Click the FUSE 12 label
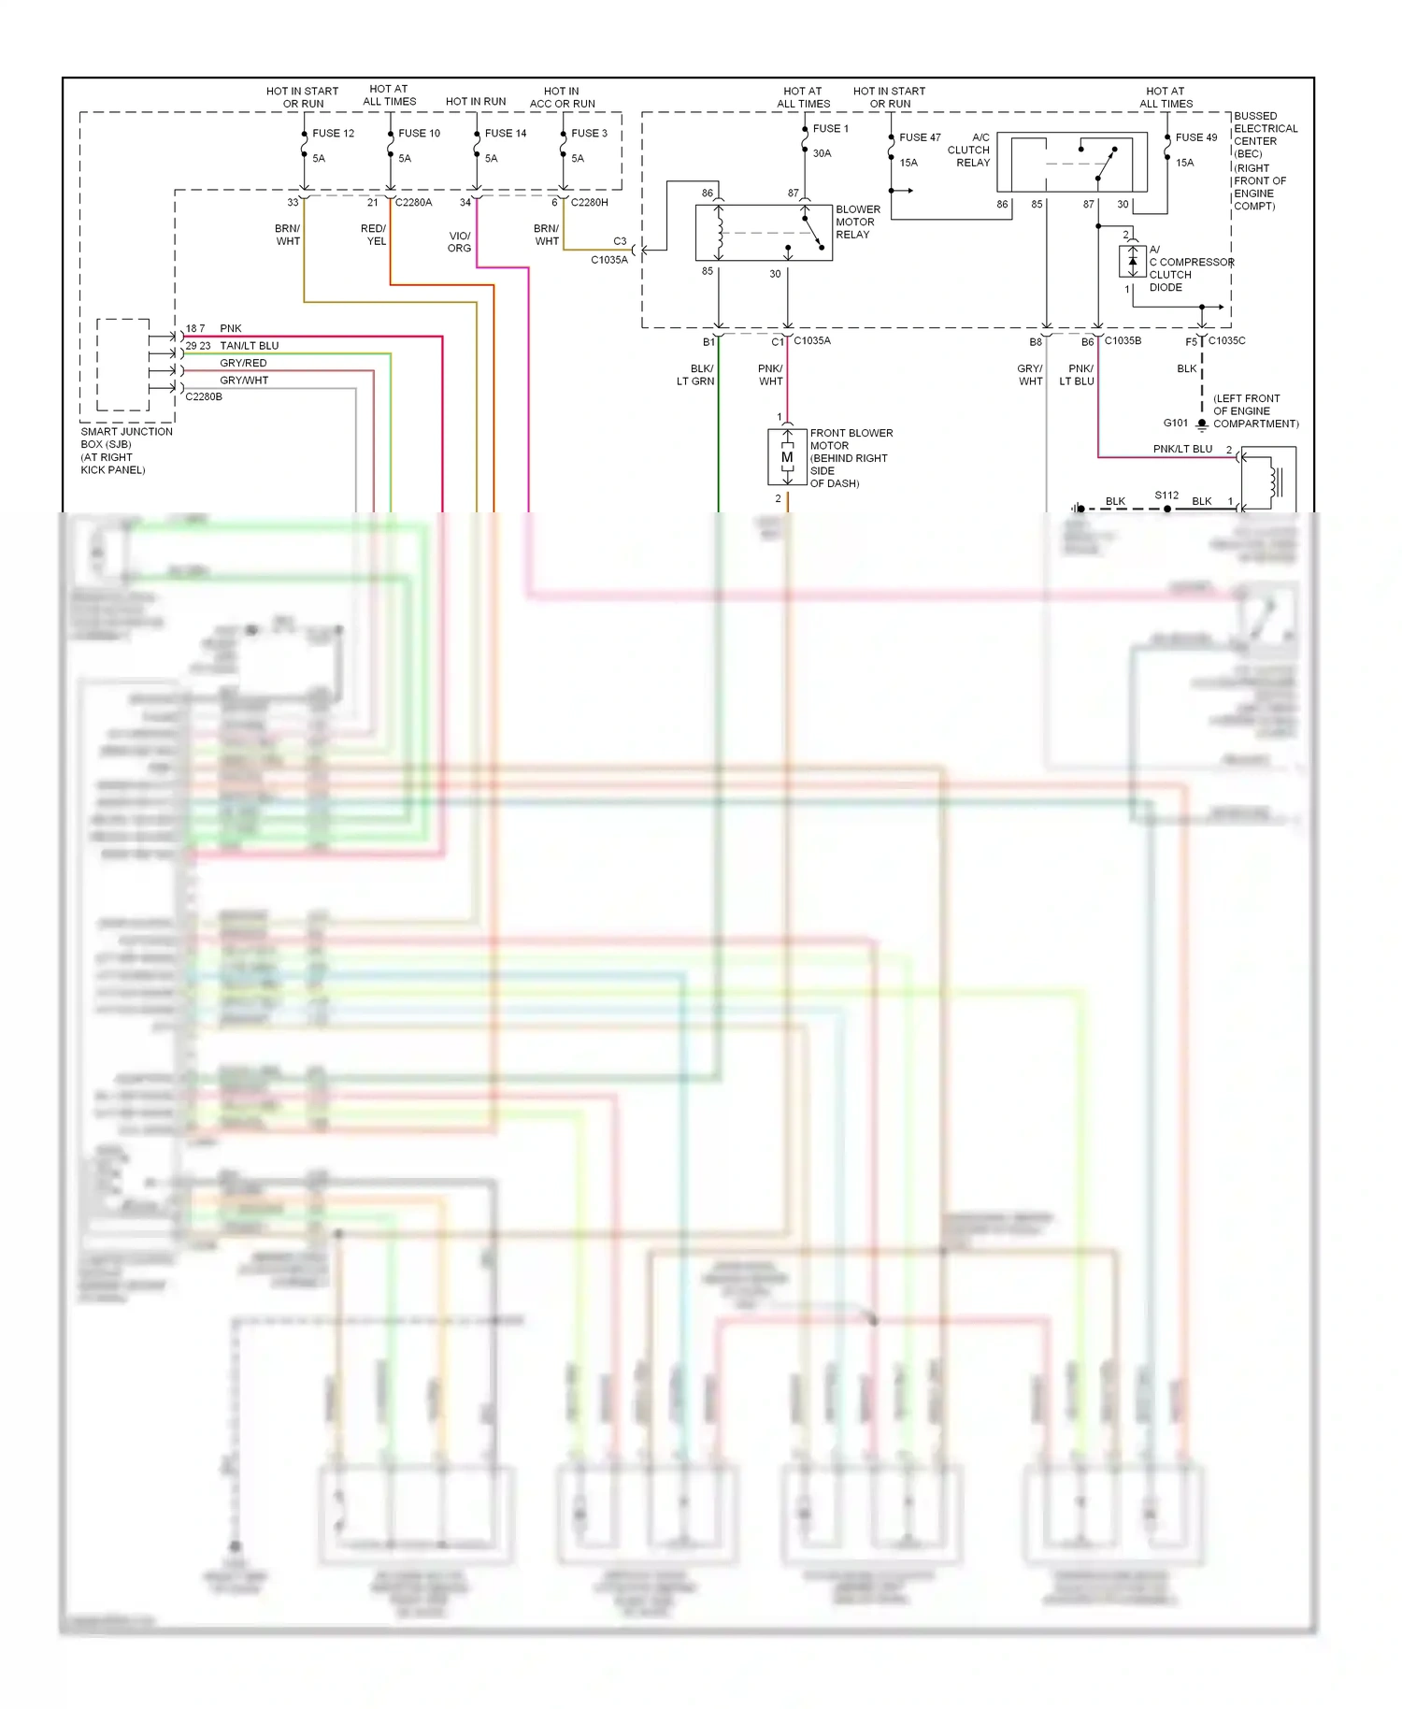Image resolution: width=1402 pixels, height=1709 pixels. click(x=333, y=134)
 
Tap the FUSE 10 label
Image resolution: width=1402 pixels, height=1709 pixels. click(x=419, y=134)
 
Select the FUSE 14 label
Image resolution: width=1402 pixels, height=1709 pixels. click(x=506, y=134)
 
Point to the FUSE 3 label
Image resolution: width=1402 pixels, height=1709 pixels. click(x=589, y=134)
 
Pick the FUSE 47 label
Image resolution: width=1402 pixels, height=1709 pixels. click(x=920, y=137)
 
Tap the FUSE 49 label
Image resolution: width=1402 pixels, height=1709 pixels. click(x=1196, y=137)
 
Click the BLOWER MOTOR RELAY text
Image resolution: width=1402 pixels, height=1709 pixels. click(x=857, y=223)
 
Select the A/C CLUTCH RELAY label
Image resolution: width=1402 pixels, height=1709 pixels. click(x=969, y=150)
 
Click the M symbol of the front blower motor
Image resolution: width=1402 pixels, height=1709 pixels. click(x=787, y=457)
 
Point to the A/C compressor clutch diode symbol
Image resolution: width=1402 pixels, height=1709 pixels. click(x=1132, y=261)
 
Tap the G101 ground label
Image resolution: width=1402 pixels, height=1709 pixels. click(x=1176, y=424)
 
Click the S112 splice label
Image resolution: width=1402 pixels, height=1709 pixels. click(x=1166, y=495)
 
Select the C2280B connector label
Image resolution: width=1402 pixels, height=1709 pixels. click(x=204, y=396)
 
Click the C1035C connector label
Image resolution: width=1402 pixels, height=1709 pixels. click(x=1226, y=341)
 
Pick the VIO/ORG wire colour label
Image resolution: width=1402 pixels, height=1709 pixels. click(x=459, y=242)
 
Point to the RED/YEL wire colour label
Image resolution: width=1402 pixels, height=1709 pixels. click(x=374, y=235)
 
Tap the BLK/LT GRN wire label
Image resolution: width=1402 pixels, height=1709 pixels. click(x=696, y=375)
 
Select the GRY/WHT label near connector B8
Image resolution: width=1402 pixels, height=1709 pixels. click(x=1030, y=375)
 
